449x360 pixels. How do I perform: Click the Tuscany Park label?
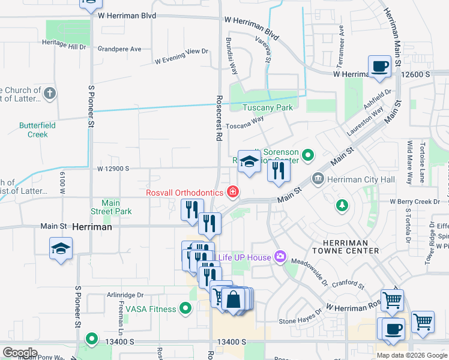(267, 107)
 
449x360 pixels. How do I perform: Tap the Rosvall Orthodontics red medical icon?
(232, 193)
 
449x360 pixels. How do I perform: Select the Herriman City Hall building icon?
(318, 179)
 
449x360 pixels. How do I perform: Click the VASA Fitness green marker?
(185, 309)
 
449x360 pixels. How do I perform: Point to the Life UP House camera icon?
(280, 257)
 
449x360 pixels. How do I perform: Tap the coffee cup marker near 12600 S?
(379, 67)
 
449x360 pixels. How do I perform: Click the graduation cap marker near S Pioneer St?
(61, 248)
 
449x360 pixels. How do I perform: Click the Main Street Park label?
(111, 207)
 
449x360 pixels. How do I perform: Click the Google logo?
(20, 352)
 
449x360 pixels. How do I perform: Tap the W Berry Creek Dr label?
(415, 202)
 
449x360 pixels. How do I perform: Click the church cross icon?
(50, 94)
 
